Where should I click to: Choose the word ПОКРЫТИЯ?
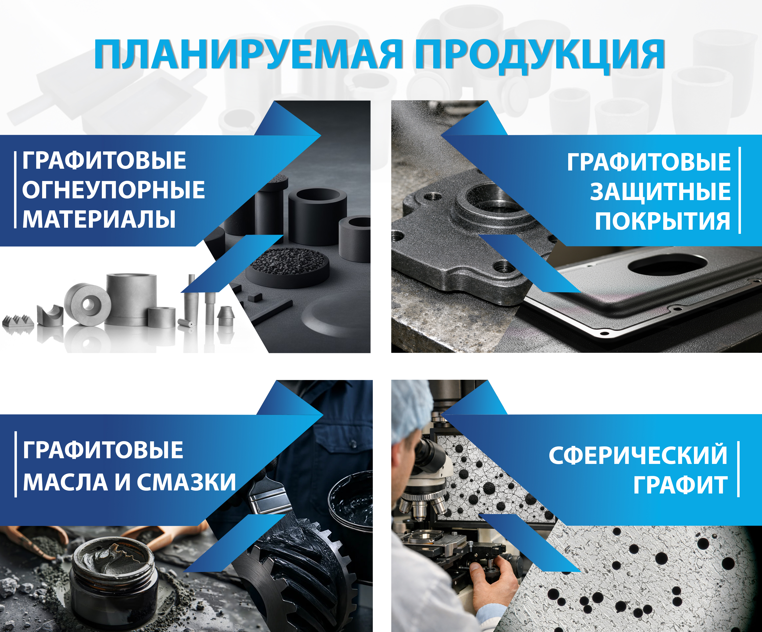point(663,221)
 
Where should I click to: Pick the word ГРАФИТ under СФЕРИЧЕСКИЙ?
point(680,485)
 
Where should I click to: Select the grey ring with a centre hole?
point(87,304)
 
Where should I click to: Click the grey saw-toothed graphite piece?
point(18,321)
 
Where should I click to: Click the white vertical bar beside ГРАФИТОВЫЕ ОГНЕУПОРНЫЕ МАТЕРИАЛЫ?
point(15,190)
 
